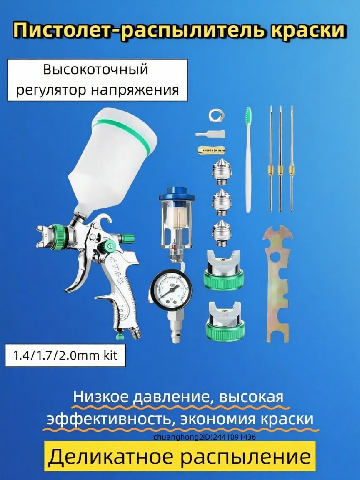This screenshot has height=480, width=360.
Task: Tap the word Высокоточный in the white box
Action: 96,69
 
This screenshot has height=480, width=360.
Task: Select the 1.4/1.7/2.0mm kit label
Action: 65,355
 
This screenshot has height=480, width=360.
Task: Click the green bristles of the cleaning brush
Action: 249,114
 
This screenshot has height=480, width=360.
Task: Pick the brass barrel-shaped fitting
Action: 210,149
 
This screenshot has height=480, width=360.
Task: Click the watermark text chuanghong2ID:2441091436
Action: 204,437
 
